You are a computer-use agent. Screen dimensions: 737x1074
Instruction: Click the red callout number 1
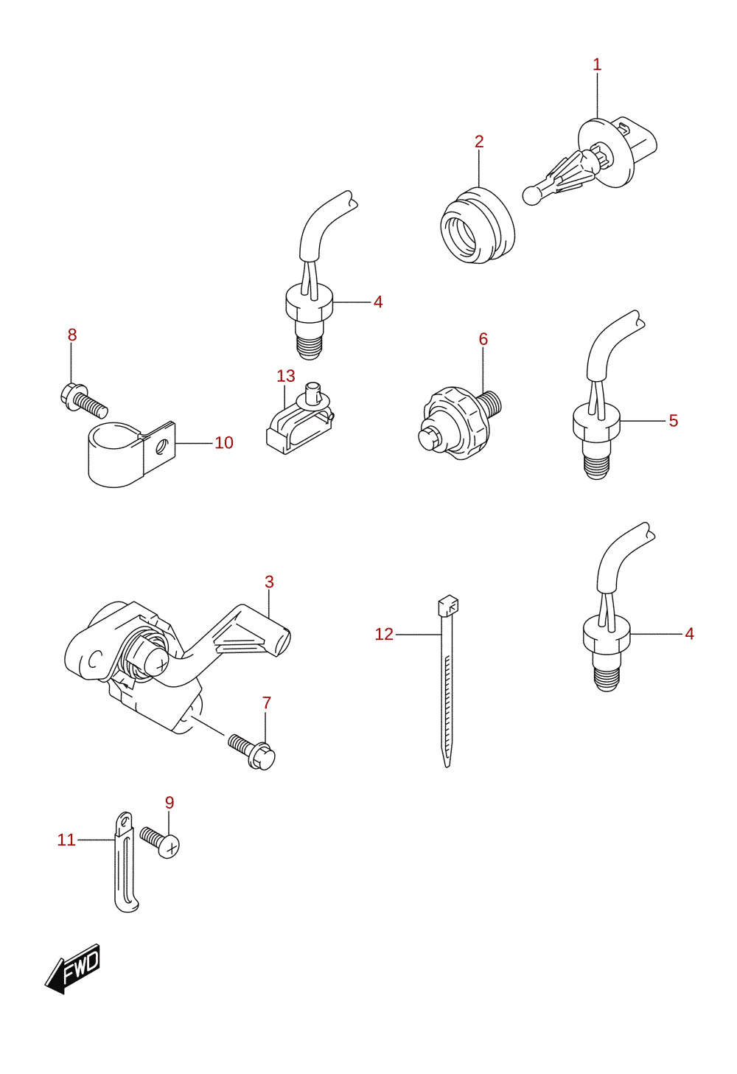pyautogui.click(x=597, y=65)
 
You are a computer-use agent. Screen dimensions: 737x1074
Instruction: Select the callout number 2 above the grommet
pyautogui.click(x=479, y=142)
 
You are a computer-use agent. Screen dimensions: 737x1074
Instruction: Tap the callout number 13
pyautogui.click(x=286, y=376)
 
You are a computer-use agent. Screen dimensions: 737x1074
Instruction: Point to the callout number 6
pyautogui.click(x=483, y=339)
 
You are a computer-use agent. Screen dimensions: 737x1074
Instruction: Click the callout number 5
pyautogui.click(x=674, y=420)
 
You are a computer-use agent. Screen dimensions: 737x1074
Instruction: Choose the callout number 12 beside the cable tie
pyautogui.click(x=384, y=635)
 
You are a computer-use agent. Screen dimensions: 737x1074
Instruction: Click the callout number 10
pyautogui.click(x=224, y=442)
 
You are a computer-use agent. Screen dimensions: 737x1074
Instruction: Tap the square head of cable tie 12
pyautogui.click(x=448, y=606)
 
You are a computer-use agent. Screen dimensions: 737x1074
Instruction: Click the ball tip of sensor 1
pyautogui.click(x=532, y=195)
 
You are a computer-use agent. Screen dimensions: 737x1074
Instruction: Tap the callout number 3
pyautogui.click(x=270, y=582)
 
